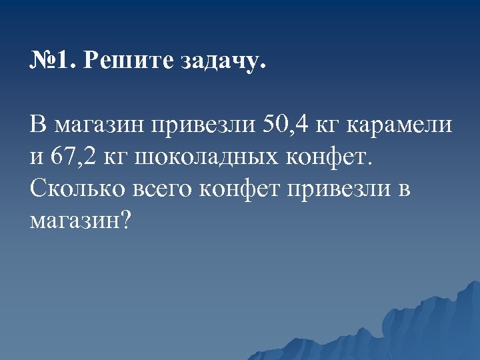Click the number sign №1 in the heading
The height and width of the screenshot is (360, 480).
(52, 62)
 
